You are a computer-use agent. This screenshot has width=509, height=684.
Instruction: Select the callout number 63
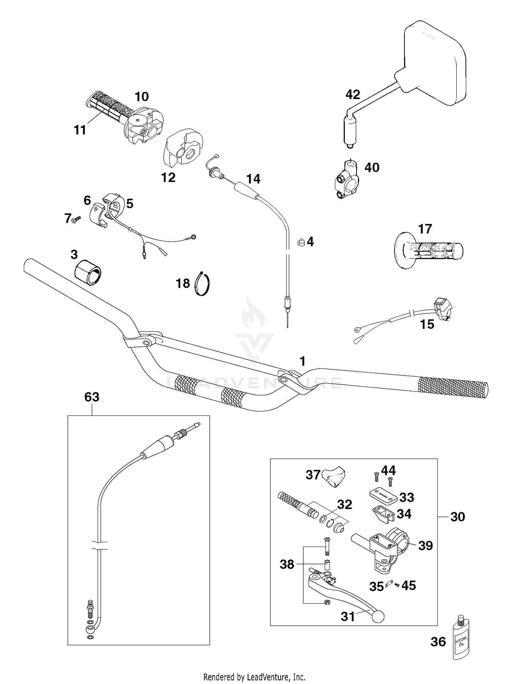coord(92,397)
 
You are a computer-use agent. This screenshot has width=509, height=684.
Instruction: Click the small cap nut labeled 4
coord(301,241)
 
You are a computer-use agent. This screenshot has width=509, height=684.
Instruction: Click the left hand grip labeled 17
coord(428,251)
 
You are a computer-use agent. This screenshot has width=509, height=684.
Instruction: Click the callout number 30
coord(457,517)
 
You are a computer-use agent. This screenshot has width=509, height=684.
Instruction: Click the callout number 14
coord(253,179)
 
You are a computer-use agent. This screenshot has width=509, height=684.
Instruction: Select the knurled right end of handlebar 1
coord(453,387)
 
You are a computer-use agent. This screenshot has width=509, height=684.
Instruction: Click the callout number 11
coord(80,130)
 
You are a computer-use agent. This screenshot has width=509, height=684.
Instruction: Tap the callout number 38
coord(287,564)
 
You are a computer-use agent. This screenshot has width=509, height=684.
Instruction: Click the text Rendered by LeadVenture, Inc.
coord(254,677)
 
